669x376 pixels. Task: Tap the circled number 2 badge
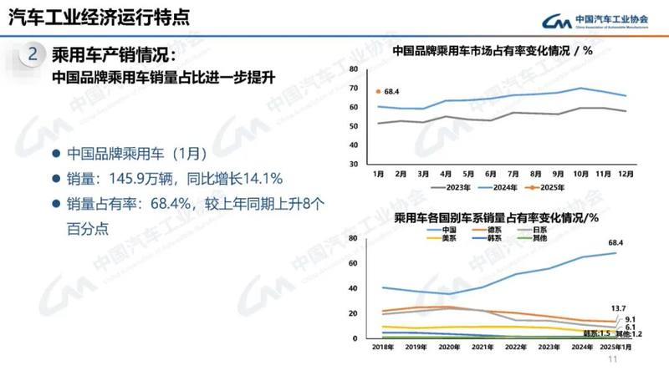[x=32, y=56]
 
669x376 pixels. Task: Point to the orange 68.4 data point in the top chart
[x=379, y=91]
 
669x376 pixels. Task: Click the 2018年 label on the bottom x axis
[x=383, y=346]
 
